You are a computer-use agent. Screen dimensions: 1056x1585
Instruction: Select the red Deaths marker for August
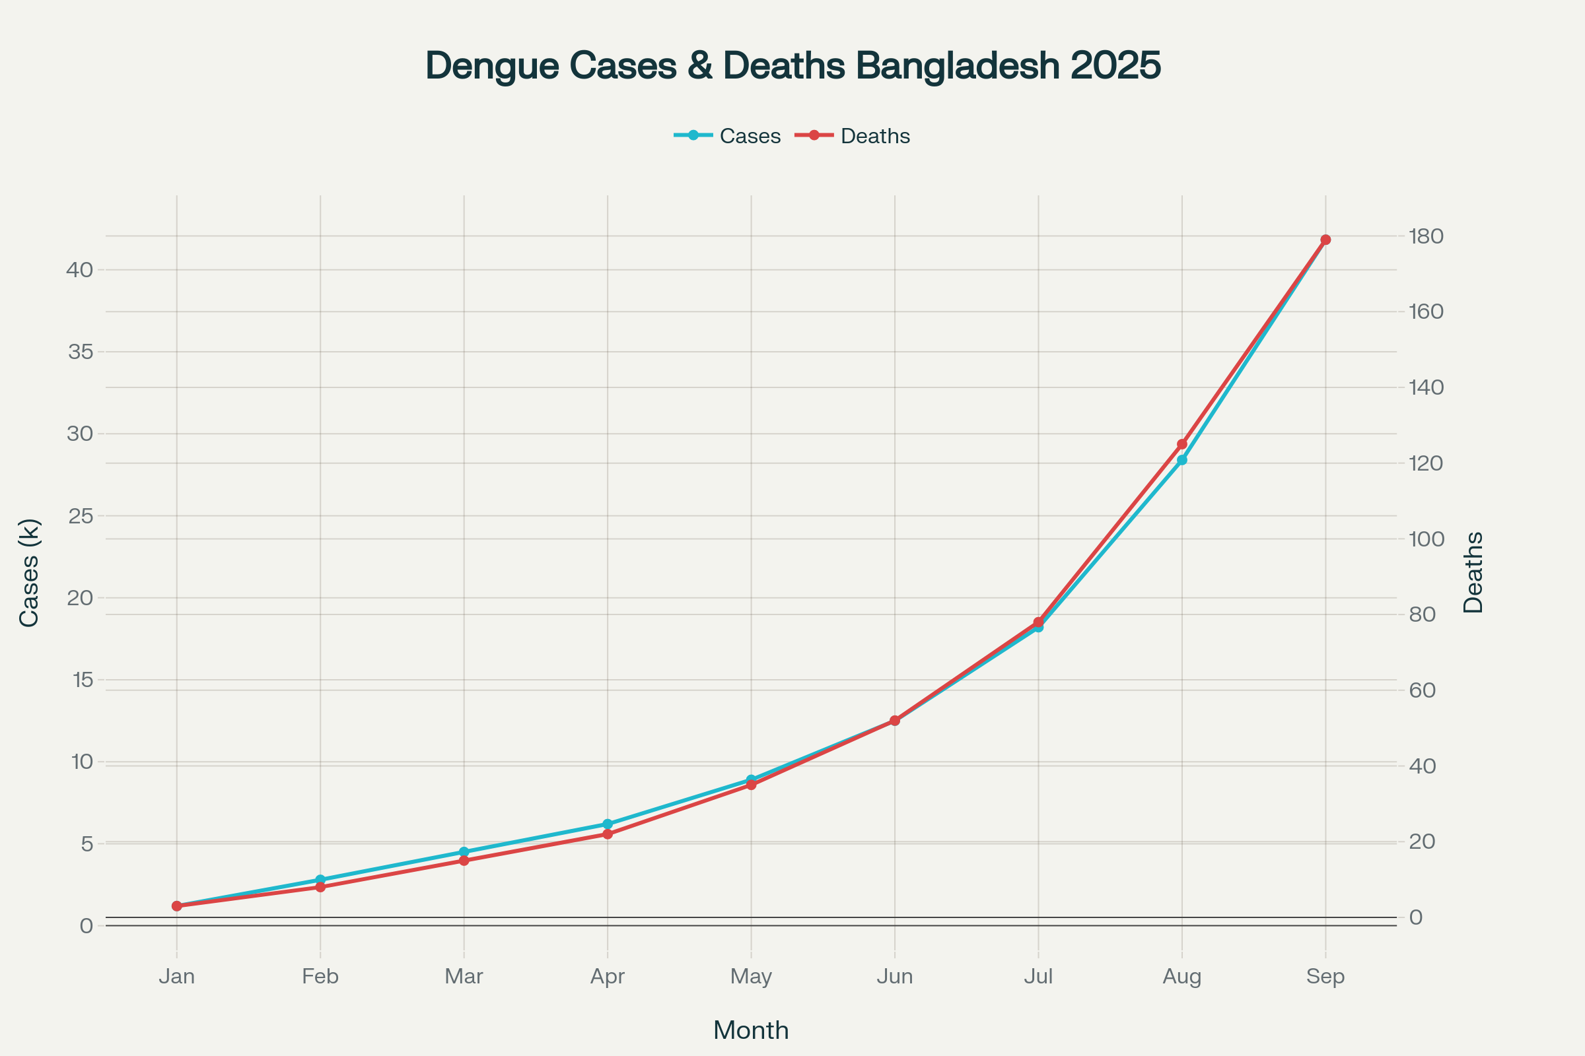1182,444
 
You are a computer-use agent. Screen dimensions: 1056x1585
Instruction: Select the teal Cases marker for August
1182,460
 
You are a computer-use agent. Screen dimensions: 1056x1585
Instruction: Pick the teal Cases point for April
608,824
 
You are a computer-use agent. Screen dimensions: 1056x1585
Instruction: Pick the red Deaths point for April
608,834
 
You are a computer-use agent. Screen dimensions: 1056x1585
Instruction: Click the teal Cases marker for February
320,880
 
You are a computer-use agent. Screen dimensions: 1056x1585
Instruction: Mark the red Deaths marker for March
464,861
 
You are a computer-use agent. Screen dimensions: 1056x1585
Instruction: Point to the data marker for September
1325,240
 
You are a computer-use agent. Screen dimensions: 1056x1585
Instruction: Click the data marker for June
895,721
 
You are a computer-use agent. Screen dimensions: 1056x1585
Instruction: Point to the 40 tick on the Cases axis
79,270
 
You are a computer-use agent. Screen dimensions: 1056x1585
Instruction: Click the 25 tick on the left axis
79,516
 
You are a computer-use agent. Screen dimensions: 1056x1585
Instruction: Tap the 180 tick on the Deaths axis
1426,236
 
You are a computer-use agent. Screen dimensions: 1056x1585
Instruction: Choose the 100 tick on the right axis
1426,539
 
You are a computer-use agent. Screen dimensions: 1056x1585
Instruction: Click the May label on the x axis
751,977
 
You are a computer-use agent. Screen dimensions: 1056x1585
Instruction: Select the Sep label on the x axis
1325,977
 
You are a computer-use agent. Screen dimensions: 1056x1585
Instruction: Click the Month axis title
751,1031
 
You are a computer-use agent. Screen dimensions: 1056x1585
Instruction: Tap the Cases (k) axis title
30,572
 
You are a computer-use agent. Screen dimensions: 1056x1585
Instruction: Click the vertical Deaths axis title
1473,572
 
